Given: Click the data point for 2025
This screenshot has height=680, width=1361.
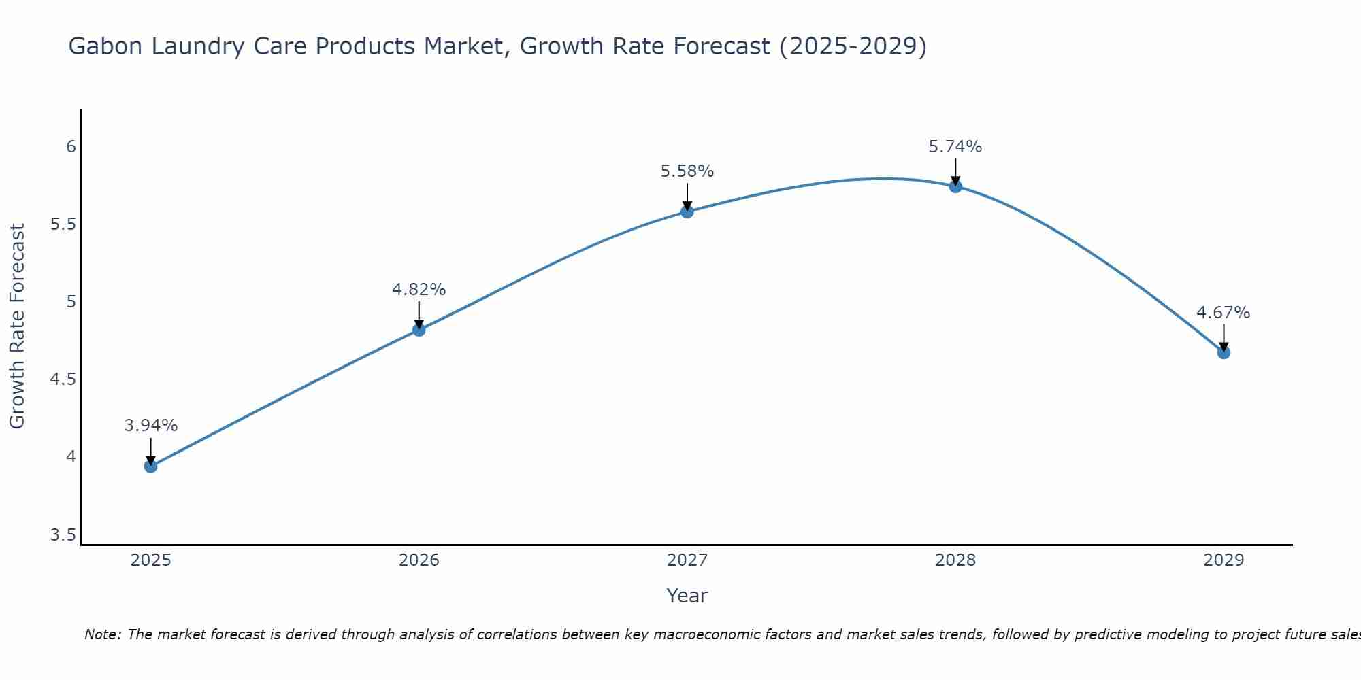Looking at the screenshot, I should coord(151,466).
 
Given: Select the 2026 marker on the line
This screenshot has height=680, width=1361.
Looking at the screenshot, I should coord(419,330).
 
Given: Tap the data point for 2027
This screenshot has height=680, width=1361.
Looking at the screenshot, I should coord(687,211).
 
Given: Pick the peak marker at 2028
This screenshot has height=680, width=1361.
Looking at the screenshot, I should coord(955,186).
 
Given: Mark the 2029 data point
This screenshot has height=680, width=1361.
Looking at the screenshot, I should coord(1224,352).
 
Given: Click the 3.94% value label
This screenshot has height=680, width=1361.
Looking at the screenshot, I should coord(151,426).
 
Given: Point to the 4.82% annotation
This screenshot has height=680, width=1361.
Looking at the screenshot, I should coord(419,290).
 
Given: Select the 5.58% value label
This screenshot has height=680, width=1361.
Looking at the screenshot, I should coord(687,171).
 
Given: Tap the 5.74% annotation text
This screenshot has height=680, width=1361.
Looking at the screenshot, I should coord(955,147).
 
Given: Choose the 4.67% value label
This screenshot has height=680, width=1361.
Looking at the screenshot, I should coord(1224,313).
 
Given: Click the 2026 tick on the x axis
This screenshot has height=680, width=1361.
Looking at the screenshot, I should coord(419,560).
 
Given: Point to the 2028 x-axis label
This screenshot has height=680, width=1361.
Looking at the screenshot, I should coord(955,560).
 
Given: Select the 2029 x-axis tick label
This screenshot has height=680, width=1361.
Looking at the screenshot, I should coord(1224,560).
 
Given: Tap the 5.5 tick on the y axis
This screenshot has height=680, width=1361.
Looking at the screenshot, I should coord(63,224).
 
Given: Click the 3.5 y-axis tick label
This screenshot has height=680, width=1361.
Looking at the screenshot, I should coord(63,535).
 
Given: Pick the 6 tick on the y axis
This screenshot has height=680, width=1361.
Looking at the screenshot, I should coord(71,147).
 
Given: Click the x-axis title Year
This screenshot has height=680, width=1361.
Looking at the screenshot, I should coord(687,596).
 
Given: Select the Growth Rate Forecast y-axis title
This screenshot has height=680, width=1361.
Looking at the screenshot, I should coord(17,326).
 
